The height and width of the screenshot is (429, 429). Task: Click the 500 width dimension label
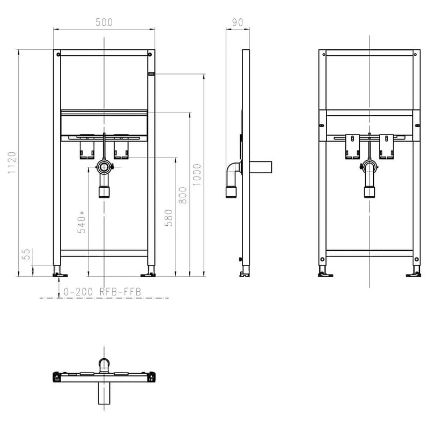pyautogui.click(x=103, y=23)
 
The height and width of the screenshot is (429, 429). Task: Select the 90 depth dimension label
pyautogui.click(x=238, y=23)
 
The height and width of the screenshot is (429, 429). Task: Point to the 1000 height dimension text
pyautogui.click(x=197, y=174)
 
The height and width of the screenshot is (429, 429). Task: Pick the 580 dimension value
pyautogui.click(x=168, y=217)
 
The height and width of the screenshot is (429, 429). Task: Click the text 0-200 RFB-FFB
pyautogui.click(x=102, y=292)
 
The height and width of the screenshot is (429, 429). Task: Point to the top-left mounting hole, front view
pyautogui.click(x=57, y=54)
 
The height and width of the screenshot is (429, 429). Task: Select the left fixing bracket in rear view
pyautogui.click(x=352, y=146)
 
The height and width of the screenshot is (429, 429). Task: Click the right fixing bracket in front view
pyautogui.click(x=121, y=149)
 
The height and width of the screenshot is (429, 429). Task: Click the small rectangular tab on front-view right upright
pyautogui.click(x=151, y=73)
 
